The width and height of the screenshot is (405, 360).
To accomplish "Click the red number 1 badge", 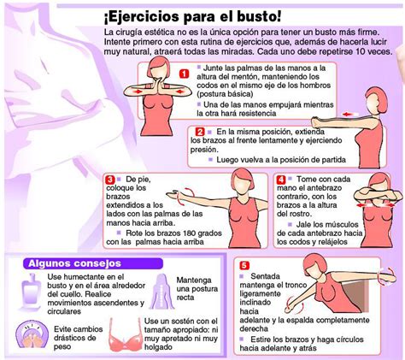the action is (185, 74).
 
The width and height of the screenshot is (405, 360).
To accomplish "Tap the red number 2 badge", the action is (200, 132).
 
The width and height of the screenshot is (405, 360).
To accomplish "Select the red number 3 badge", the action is (109, 180).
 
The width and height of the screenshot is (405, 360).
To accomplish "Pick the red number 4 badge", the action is (281, 180).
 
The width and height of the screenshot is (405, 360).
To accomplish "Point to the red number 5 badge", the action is (244, 265).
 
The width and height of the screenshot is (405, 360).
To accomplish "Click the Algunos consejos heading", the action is (74, 263).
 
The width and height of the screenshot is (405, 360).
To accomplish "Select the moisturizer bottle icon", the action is (32, 292).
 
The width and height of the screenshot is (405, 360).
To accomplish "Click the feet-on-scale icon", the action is (32, 334).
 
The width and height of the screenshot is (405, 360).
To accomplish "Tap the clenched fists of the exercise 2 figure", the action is (317, 122).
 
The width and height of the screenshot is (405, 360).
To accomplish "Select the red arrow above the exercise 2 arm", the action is (348, 115).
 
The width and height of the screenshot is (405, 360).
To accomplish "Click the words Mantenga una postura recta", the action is (197, 289).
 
